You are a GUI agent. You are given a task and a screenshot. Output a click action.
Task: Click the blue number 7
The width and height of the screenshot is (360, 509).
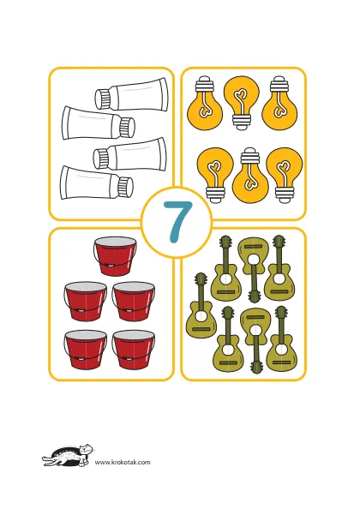(178, 221)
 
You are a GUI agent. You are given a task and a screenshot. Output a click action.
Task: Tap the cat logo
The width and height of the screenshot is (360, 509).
(69, 455)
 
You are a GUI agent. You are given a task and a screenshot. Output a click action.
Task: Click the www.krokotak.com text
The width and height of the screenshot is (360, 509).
(123, 462)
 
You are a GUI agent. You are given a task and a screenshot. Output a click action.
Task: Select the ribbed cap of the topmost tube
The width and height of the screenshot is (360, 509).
(103, 98)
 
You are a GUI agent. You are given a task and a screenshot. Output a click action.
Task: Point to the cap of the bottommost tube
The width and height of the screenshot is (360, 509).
(125, 187)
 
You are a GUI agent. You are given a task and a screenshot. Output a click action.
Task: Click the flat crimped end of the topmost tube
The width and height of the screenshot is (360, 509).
(165, 93)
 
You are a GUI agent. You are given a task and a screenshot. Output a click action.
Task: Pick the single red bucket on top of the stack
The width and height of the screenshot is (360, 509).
(115, 256)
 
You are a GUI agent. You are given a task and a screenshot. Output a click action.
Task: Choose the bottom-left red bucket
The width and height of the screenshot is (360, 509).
(86, 350)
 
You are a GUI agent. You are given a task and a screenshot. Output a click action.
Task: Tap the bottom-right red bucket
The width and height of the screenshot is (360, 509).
(134, 350)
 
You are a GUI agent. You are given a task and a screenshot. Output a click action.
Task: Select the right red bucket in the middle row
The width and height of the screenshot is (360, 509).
(134, 301)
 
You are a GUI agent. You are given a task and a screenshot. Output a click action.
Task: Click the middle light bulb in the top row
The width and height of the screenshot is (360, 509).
(242, 103)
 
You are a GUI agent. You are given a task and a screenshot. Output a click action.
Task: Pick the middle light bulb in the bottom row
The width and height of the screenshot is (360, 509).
(250, 176)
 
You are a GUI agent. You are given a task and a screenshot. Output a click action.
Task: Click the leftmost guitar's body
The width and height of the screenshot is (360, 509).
(201, 320)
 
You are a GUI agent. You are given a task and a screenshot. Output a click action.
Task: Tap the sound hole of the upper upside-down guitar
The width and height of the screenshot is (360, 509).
(255, 260)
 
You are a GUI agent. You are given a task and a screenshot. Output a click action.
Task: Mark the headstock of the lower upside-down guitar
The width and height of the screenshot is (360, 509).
(256, 365)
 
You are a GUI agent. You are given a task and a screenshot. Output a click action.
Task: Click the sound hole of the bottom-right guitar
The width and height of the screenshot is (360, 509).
(281, 350)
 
